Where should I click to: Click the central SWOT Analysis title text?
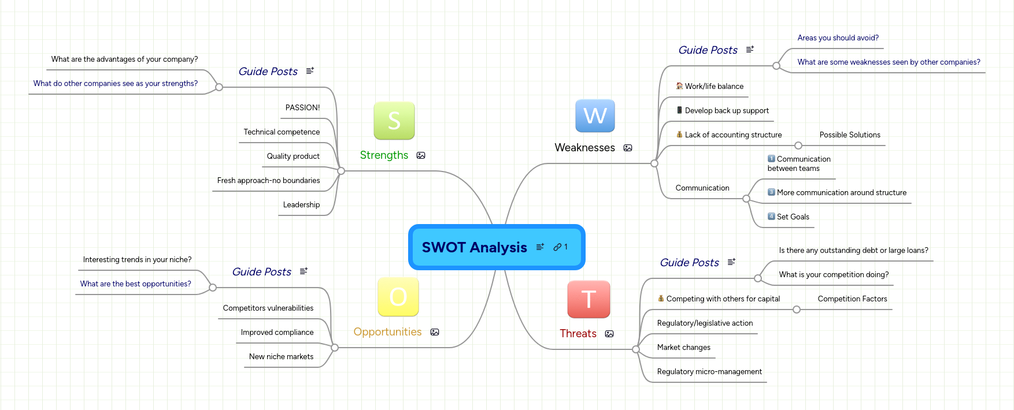(474, 247)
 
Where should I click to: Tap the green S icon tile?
(394, 121)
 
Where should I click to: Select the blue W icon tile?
(595, 116)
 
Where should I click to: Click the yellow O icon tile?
(398, 297)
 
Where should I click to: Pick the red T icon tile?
(589, 299)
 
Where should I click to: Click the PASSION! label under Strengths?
(302, 108)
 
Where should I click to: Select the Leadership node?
(301, 205)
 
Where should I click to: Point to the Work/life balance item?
(714, 87)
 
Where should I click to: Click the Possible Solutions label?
(849, 135)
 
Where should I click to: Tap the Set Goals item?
(793, 217)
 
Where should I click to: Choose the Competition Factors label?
(852, 299)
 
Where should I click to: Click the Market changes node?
(683, 348)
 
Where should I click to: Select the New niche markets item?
(281, 357)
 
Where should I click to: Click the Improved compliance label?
(277, 333)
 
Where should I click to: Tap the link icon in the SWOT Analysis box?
(557, 247)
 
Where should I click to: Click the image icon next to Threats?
(609, 334)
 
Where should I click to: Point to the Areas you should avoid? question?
(838, 38)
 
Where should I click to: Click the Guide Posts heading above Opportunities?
(261, 272)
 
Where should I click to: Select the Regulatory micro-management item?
(709, 372)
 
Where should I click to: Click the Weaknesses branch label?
(584, 148)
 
